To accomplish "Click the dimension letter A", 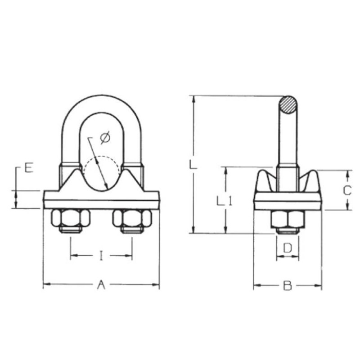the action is tap(101, 285).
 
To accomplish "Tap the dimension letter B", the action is tap(287, 286).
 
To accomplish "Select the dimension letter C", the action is tap(347, 190).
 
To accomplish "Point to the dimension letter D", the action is tap(288, 248).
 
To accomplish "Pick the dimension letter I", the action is tap(101, 256).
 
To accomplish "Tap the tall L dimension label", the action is tap(193, 165).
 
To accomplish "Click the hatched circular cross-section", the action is tap(288, 105).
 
